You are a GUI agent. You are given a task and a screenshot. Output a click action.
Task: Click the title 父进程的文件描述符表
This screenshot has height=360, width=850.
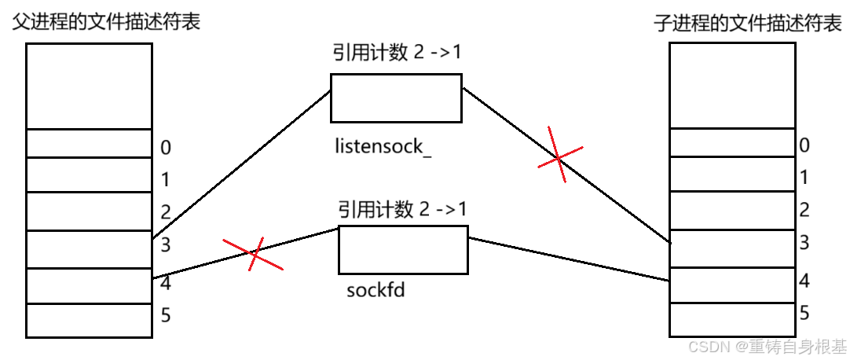(105, 21)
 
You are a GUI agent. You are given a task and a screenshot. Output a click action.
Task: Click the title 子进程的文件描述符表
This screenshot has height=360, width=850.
(748, 24)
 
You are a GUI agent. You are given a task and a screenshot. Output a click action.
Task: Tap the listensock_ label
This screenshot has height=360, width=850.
(383, 147)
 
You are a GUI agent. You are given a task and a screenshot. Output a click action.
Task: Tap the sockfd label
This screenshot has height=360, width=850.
(376, 290)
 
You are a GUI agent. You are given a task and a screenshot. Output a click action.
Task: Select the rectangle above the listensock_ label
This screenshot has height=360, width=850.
(395, 98)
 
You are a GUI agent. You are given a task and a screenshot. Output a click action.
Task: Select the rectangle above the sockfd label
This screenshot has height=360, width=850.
(403, 249)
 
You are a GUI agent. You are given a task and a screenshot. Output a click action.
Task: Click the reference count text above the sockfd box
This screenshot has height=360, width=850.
(402, 209)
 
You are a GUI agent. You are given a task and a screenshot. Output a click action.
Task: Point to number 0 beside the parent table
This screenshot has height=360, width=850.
(166, 148)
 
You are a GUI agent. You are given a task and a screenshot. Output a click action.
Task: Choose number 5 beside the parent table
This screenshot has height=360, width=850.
(165, 316)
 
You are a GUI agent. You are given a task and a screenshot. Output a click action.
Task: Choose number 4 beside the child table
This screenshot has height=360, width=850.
(804, 279)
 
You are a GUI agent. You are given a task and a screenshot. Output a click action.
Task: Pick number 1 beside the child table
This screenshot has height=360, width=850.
(804, 178)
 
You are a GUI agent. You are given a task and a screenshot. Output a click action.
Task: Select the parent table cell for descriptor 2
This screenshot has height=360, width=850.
(89, 211)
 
